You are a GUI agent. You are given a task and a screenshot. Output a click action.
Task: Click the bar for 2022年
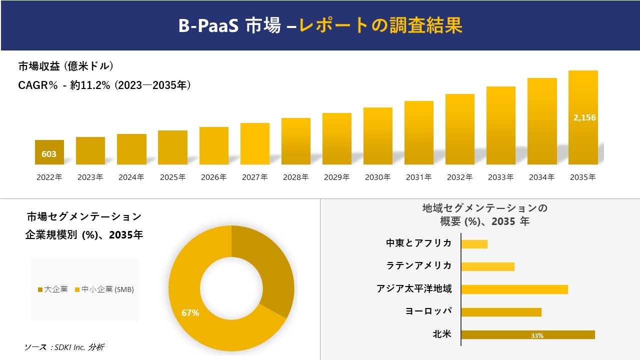coord(49,152)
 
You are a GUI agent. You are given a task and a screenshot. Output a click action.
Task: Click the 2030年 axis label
coord(377,177)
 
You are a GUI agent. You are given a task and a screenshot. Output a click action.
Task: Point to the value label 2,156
coord(584,117)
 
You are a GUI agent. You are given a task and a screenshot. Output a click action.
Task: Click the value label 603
coord(49,154)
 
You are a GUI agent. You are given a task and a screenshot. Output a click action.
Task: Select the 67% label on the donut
coord(190,313)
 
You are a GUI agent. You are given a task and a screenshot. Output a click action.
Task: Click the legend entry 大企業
coord(53,289)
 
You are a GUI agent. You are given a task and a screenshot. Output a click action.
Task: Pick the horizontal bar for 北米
coord(527,335)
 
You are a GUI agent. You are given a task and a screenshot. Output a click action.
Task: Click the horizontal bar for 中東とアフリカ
coord(474,244)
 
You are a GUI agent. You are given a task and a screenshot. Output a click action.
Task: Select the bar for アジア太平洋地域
coord(514,289)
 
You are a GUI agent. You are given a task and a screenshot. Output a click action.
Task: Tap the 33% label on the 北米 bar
coord(537,335)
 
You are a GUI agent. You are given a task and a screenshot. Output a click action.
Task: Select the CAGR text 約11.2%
coord(90,85)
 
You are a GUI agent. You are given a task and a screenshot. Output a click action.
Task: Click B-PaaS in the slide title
coord(209,26)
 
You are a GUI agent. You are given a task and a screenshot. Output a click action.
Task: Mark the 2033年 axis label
coord(500,177)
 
